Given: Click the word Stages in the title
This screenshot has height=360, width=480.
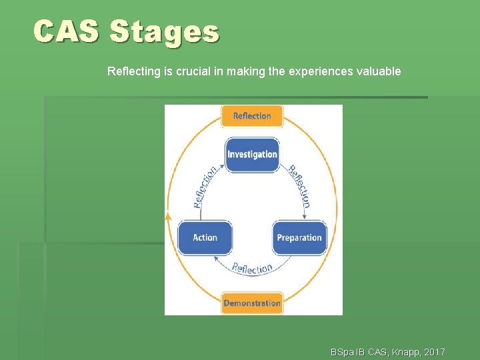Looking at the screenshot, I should pyautogui.click(x=164, y=31).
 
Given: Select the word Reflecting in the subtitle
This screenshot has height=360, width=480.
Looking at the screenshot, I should pyautogui.click(x=133, y=71).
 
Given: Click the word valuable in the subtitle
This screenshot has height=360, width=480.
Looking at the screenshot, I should pyautogui.click(x=377, y=71).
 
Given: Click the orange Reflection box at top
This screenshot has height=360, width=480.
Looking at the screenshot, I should pyautogui.click(x=252, y=116).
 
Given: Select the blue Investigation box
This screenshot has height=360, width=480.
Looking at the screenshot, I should pyautogui.click(x=252, y=155).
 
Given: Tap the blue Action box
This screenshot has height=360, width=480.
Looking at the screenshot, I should pyautogui.click(x=205, y=238).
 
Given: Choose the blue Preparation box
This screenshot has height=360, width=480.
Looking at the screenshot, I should pyautogui.click(x=299, y=238).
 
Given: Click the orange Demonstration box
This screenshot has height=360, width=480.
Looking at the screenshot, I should pyautogui.click(x=252, y=303).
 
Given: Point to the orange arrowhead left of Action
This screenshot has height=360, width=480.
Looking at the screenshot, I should pyautogui.click(x=168, y=217).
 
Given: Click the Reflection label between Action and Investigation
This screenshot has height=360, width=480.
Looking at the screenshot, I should pyautogui.click(x=205, y=187).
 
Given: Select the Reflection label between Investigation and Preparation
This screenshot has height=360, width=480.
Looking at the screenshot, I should pyautogui.click(x=299, y=185).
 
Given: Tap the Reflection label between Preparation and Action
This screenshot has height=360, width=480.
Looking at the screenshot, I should pyautogui.click(x=252, y=268).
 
